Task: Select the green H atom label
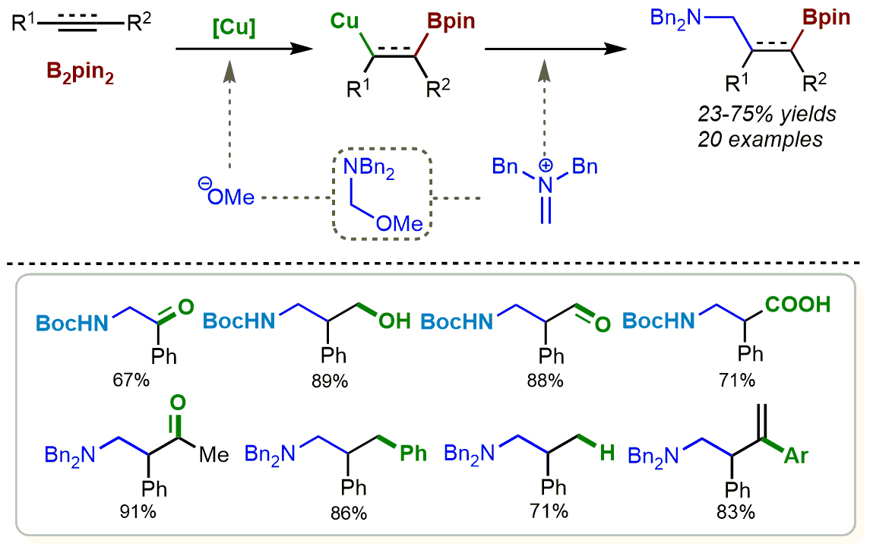pos(606,453)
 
